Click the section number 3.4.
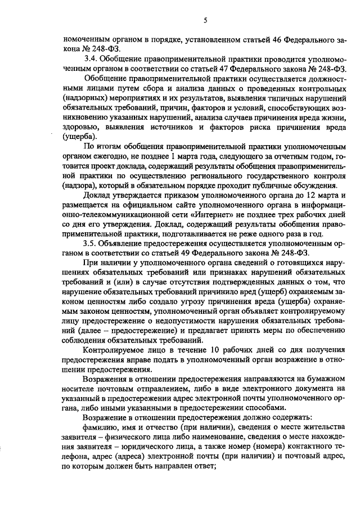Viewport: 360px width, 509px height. [x=90, y=57]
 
